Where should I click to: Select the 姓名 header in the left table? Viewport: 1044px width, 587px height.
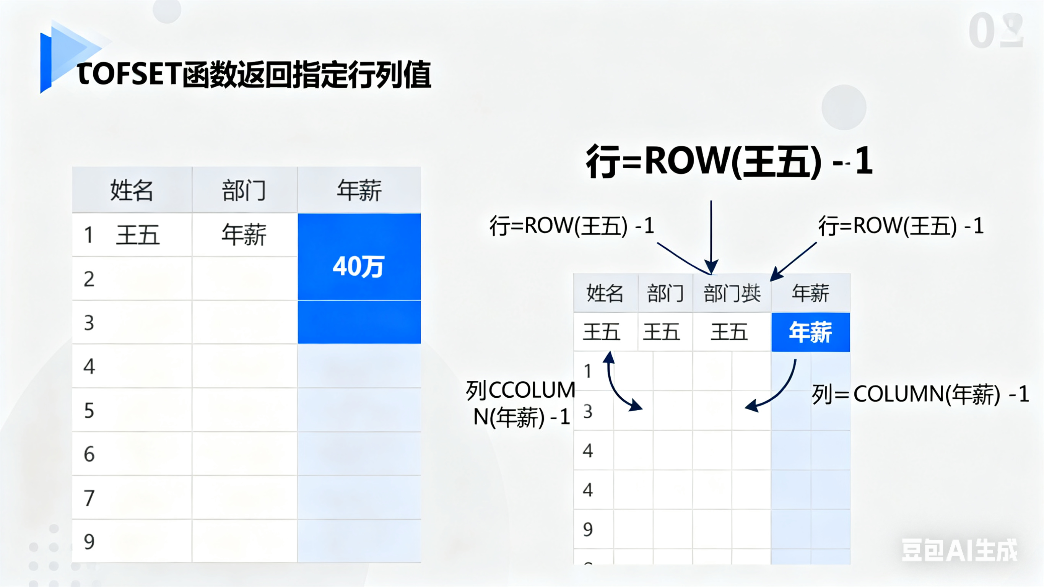click(x=132, y=190)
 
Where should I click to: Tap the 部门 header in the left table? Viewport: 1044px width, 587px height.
click(x=244, y=190)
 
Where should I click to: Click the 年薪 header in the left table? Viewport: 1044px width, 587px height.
click(x=359, y=190)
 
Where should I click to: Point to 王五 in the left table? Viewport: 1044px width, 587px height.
click(x=138, y=235)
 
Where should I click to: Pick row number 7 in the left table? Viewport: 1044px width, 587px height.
click(x=89, y=498)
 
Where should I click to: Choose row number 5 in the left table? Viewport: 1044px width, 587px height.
click(x=89, y=411)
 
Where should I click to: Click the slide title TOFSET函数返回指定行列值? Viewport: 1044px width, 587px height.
click(x=254, y=75)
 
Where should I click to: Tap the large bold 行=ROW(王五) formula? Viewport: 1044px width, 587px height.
click(x=729, y=161)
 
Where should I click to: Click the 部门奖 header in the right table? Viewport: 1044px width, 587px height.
click(x=732, y=293)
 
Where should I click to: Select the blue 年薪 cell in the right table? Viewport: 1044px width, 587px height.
click(x=811, y=332)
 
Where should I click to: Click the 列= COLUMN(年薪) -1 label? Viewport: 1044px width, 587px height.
click(x=920, y=394)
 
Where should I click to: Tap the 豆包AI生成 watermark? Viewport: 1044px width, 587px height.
click(x=959, y=550)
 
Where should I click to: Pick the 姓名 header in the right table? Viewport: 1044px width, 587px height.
click(x=605, y=293)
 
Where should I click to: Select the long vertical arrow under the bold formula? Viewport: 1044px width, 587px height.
click(x=711, y=235)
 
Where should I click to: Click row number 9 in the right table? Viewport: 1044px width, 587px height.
click(x=588, y=529)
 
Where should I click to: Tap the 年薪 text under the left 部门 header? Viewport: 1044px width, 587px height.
click(x=244, y=235)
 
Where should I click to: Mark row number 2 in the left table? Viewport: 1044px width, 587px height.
click(x=89, y=279)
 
